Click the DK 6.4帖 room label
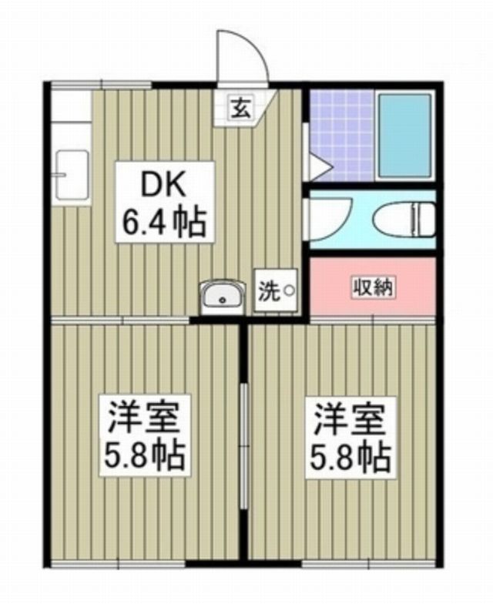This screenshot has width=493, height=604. coord(164,202)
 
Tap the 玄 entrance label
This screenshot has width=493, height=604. coord(240,109)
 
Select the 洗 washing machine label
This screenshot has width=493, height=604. coord(268,292)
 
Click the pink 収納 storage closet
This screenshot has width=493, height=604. coord(373,286)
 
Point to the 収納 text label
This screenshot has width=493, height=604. coord(373,287)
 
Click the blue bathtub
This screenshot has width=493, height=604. coord(405,136)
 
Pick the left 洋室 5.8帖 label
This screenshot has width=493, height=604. coord(145,435)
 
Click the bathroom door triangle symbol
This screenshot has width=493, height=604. coord(319,165)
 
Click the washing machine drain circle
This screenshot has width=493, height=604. coord(289,291)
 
